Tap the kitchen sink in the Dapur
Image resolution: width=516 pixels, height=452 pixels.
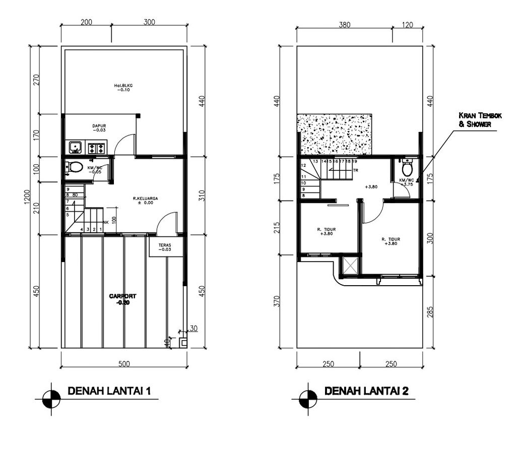76,148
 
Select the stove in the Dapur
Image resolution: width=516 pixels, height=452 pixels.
96,148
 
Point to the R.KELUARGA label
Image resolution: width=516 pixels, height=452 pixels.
146,201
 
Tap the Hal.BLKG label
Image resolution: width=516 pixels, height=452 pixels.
123,88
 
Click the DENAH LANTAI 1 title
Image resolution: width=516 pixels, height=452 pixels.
109,391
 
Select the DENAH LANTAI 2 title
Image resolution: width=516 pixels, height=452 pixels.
366,391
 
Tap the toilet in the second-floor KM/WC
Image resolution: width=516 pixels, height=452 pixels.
407,168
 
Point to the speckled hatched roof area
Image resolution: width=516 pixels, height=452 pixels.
335,135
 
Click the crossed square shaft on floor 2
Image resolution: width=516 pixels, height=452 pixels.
350,266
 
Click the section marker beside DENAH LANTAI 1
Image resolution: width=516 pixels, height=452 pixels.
51,399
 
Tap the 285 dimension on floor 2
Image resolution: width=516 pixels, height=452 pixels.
430,312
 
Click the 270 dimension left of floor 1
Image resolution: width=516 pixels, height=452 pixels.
36,80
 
